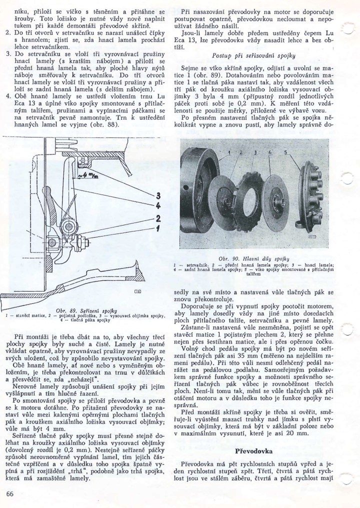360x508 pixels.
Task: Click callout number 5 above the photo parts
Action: pos(286,151)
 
